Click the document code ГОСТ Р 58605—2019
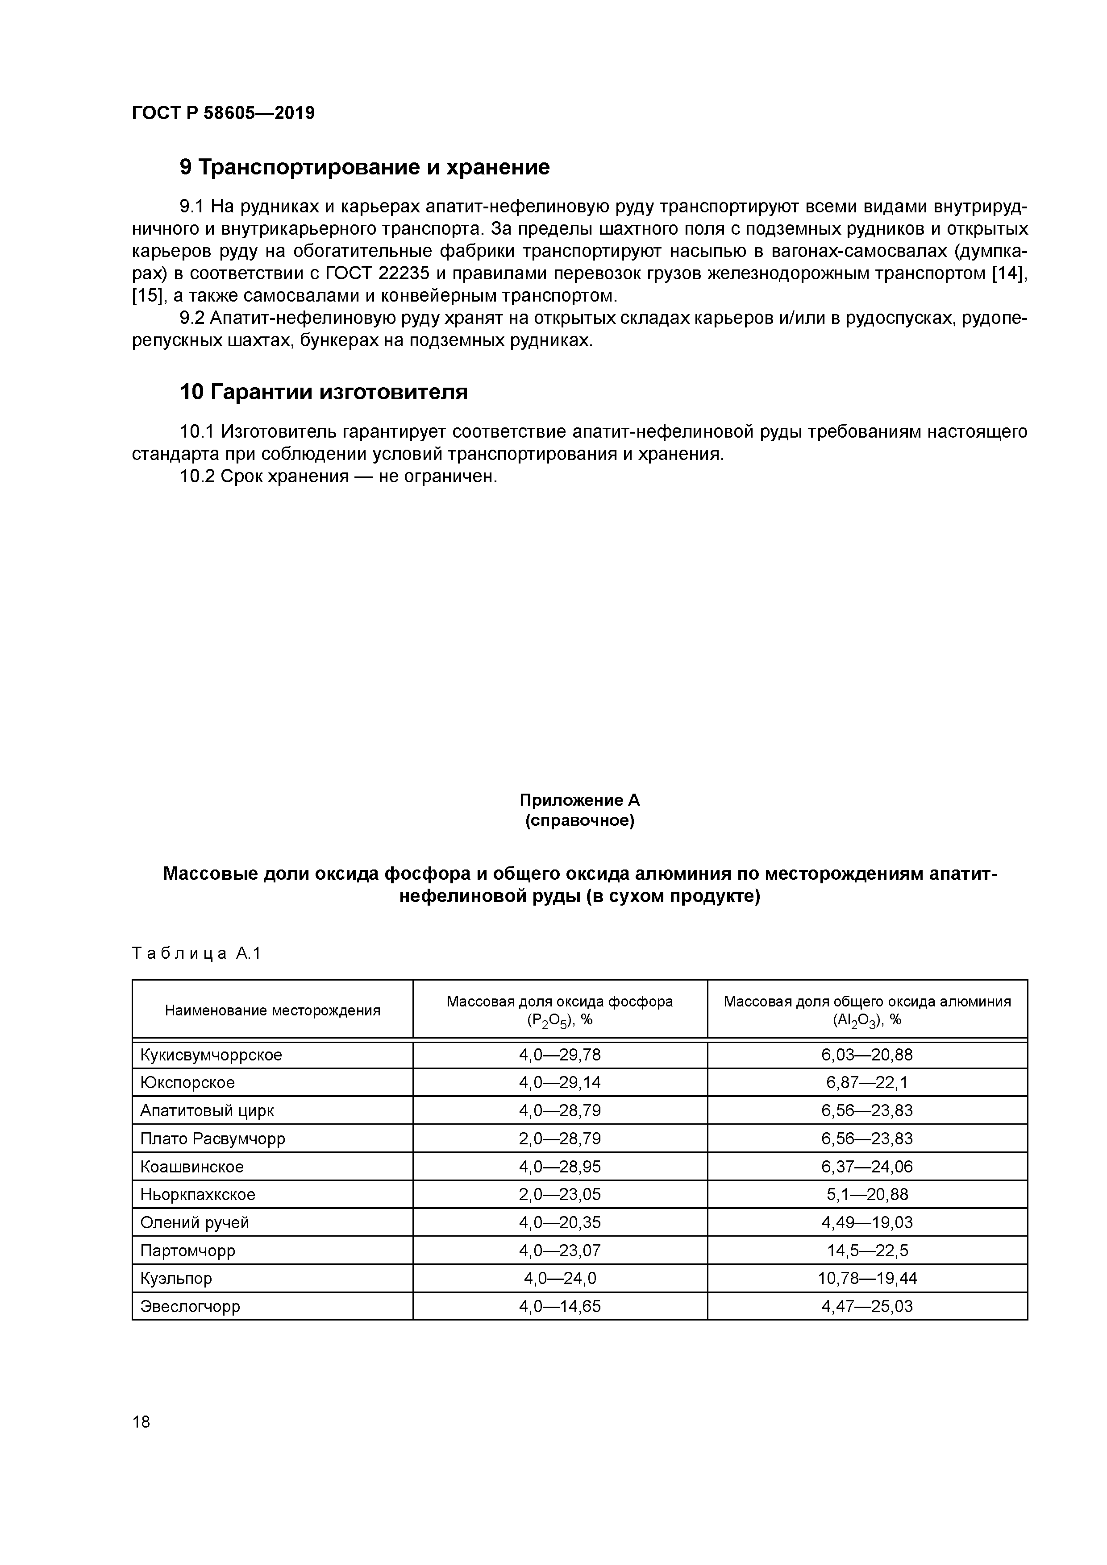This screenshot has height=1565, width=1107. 223,113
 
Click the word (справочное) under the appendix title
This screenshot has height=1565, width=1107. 580,821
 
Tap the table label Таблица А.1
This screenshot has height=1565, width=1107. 196,953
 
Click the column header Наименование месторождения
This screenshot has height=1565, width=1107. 272,1010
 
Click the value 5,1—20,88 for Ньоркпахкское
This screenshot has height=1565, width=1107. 866,1195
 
